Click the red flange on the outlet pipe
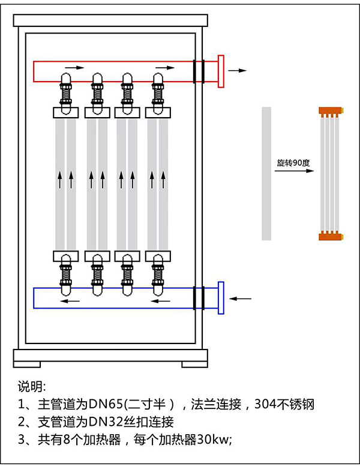tap(221, 71)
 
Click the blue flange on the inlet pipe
tap(221, 297)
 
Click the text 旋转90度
tap(290, 162)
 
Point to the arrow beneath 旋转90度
tap(295, 171)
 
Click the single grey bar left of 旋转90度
tap(266, 173)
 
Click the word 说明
tap(31, 385)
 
